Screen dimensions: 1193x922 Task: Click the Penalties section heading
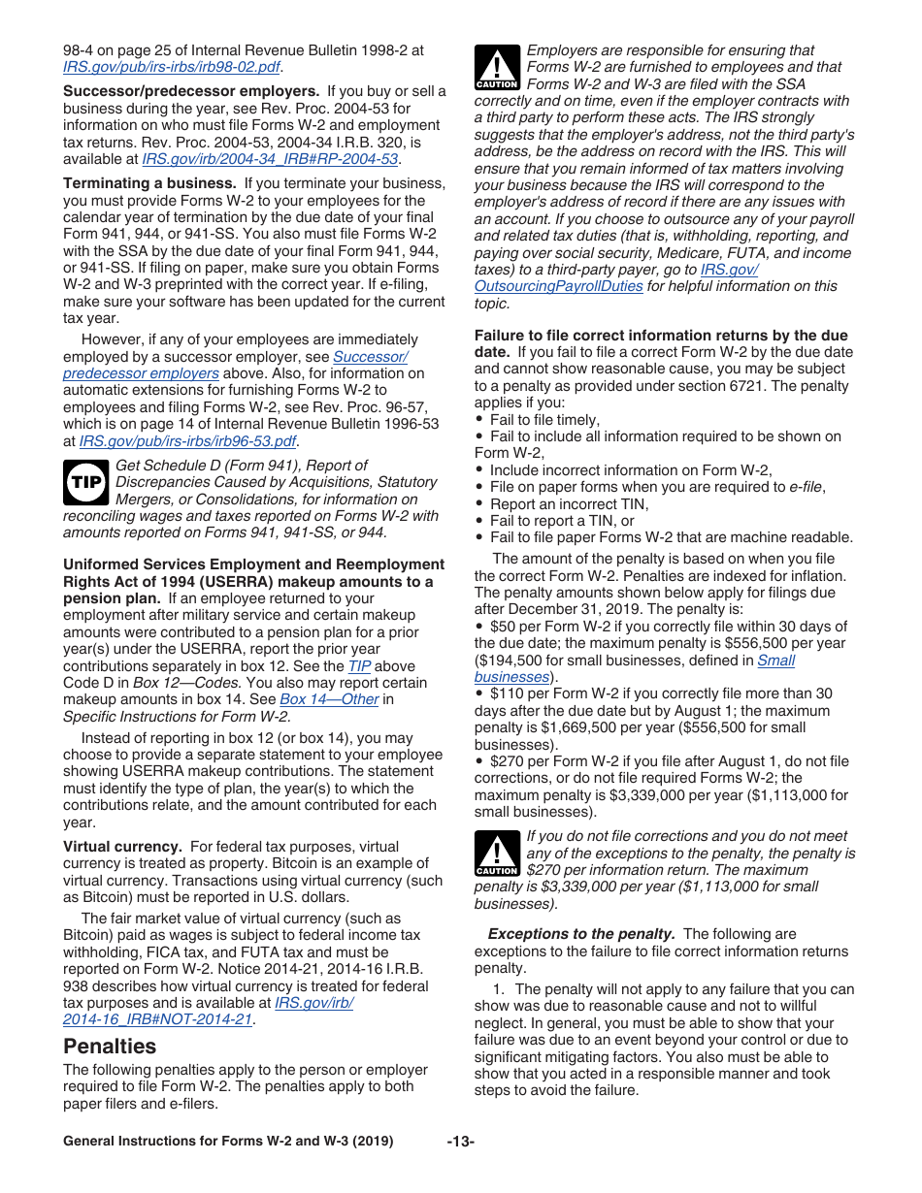(110, 1047)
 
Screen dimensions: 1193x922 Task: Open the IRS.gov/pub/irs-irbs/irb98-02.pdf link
(172, 67)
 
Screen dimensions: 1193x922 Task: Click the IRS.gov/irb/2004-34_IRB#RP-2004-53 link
(270, 159)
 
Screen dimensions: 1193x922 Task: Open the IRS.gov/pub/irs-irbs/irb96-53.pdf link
(187, 441)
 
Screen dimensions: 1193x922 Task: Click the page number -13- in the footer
(460, 1142)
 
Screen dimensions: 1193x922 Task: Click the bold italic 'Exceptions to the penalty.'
(580, 934)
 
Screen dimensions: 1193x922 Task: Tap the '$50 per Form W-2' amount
(548, 627)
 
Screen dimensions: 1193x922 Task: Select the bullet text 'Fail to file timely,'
(544, 420)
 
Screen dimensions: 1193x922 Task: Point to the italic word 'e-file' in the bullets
(806, 487)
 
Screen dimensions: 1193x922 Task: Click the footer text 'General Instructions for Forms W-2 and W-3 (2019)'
(228, 1142)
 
